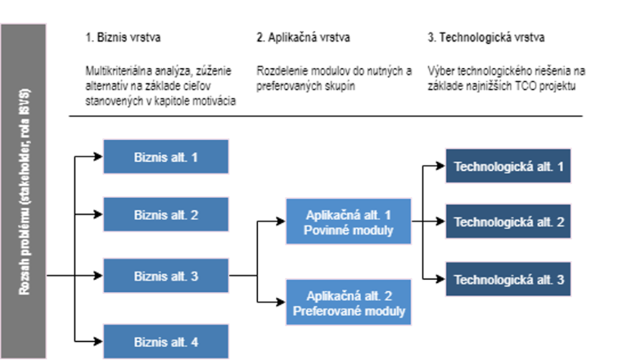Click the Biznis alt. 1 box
pos(165,156)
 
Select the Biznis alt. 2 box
pos(165,215)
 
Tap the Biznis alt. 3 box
pos(165,277)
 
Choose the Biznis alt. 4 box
pos(165,341)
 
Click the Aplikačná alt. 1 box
pos(349,221)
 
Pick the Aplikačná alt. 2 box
pos(349,303)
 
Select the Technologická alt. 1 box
pos(508,167)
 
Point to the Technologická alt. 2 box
pos(508,222)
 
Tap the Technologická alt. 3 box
pos(508,280)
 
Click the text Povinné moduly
pos(349,231)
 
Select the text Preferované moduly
pos(349,312)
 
